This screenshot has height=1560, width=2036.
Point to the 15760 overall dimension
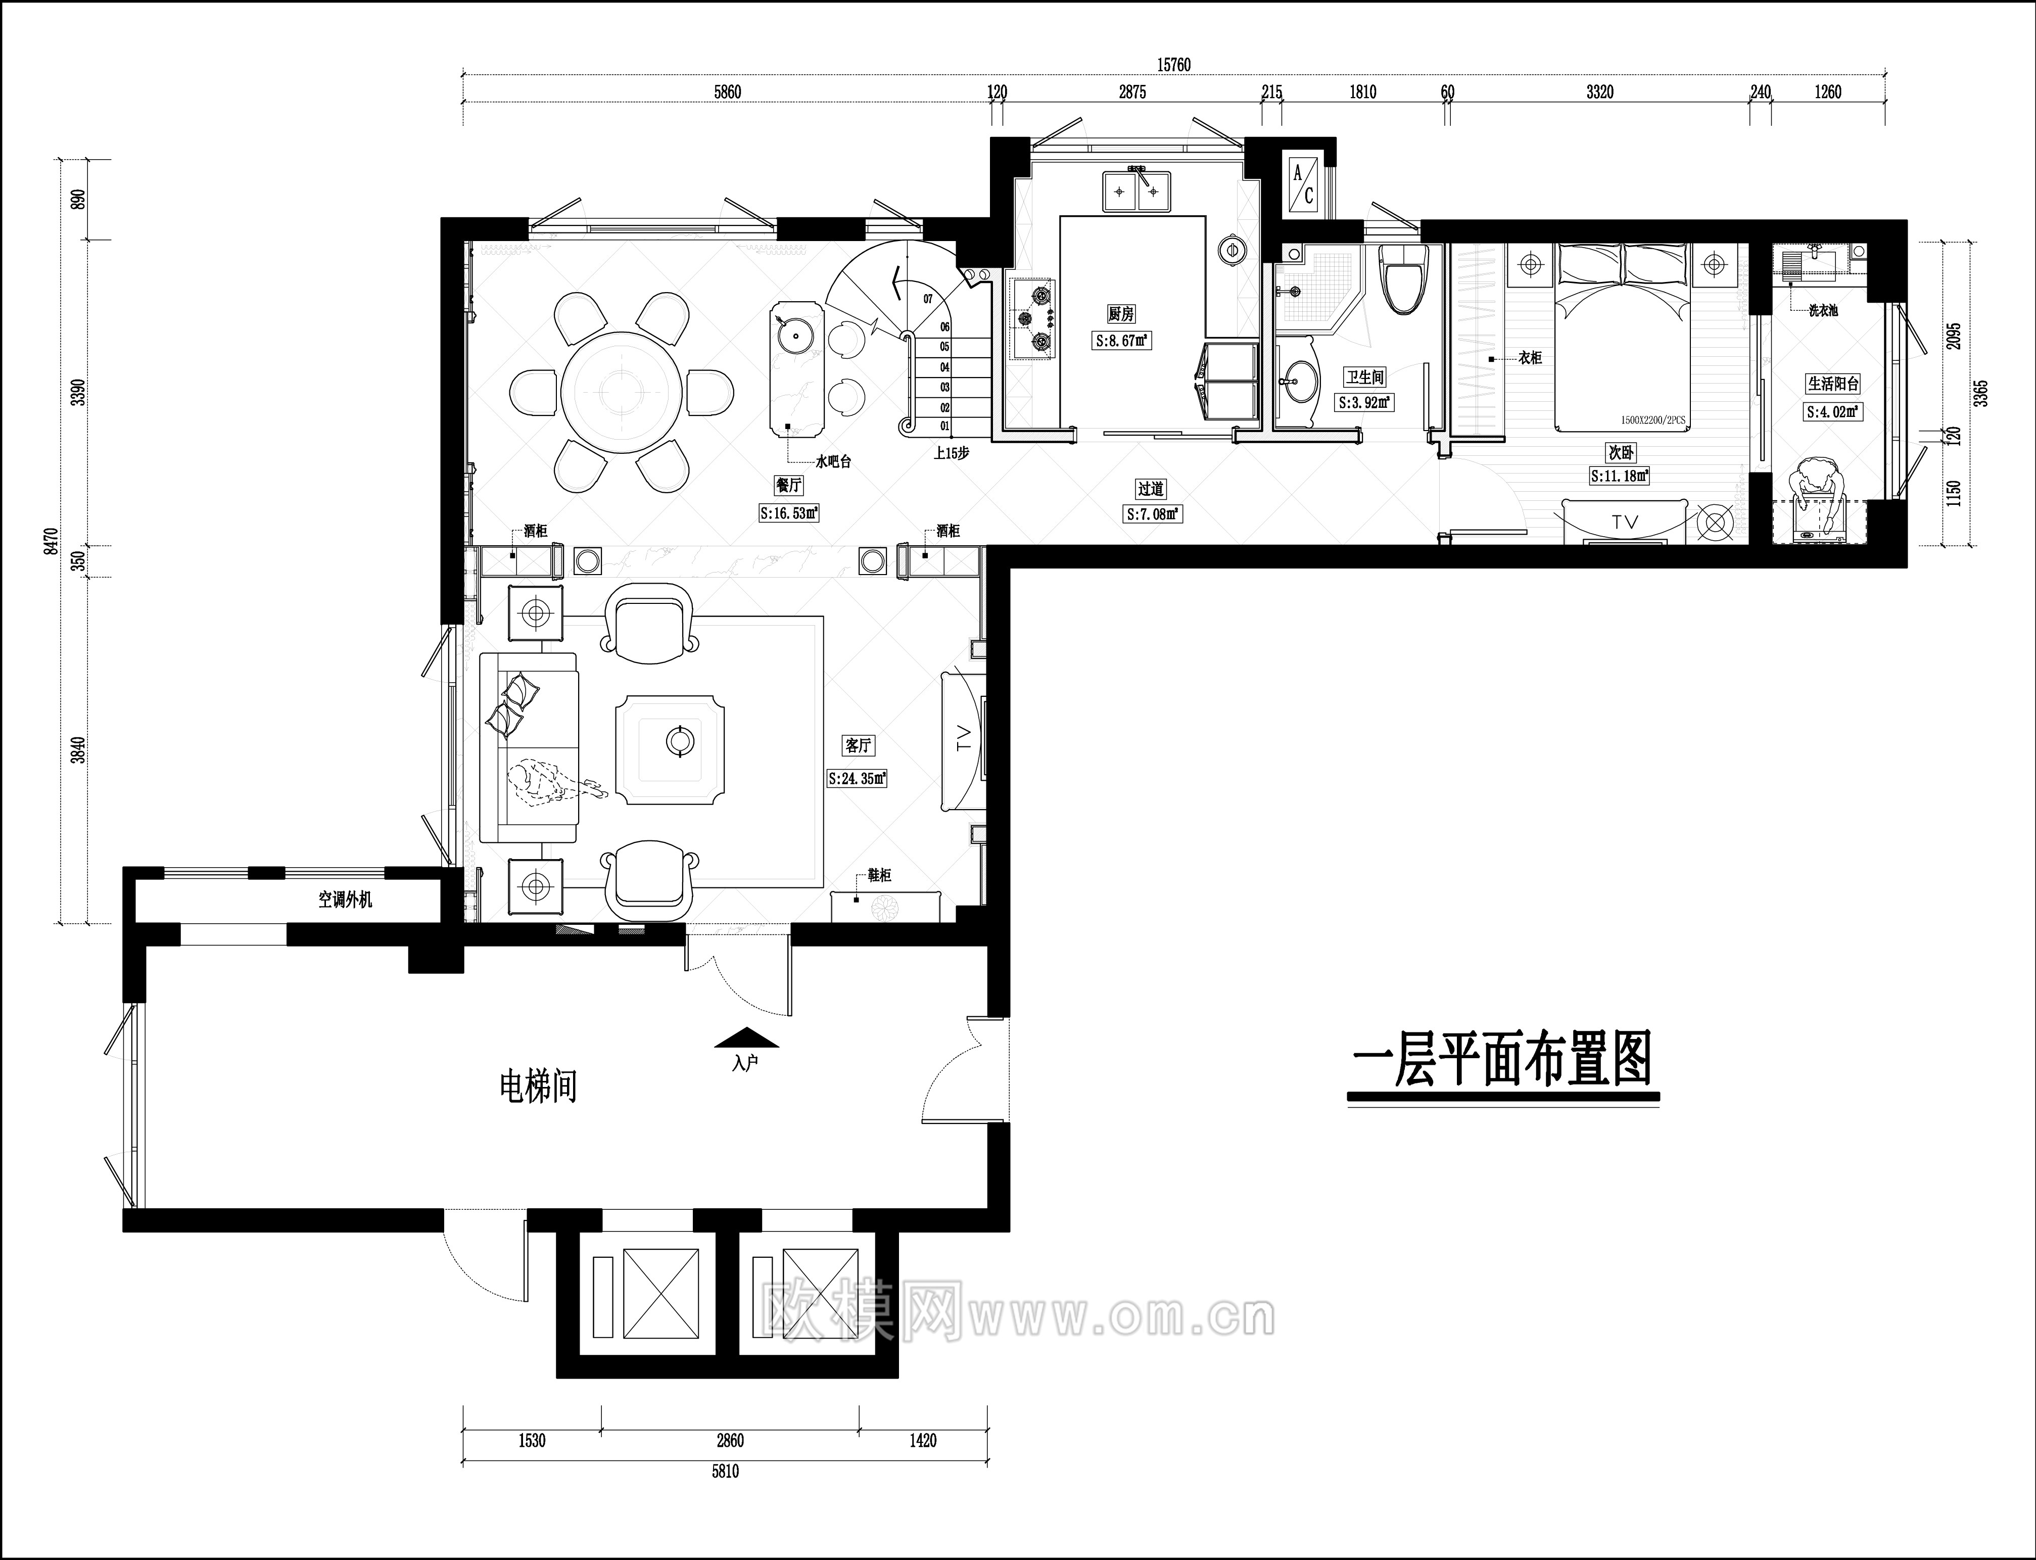pos(1173,65)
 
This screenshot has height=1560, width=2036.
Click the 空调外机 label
pos(345,899)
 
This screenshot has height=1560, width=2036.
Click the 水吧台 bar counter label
pos(833,460)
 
